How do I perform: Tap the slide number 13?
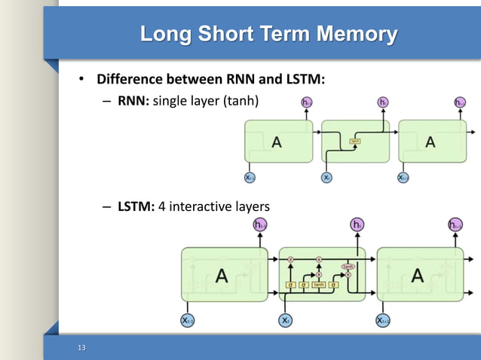(82, 347)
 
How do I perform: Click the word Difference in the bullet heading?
(131, 79)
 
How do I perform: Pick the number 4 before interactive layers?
(161, 206)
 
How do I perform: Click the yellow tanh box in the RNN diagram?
(354, 141)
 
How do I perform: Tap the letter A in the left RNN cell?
(277, 142)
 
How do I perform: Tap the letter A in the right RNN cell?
(430, 142)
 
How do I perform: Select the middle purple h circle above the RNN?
(383, 102)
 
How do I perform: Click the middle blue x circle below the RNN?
(326, 178)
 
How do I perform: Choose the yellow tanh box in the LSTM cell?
(319, 285)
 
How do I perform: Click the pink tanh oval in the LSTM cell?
(348, 267)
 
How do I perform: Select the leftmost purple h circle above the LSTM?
(260, 224)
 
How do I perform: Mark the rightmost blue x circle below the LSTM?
(383, 320)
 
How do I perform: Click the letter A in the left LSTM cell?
(222, 276)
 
